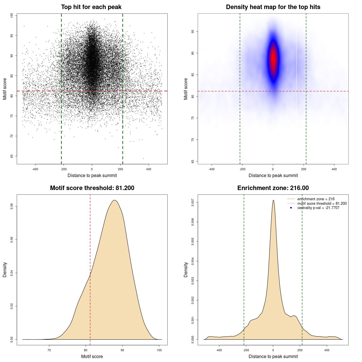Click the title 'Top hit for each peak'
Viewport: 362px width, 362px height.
pyautogui.click(x=91, y=7)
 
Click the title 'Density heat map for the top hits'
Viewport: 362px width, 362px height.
pyautogui.click(x=273, y=7)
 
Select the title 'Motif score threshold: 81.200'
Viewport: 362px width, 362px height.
pyautogui.click(x=92, y=188)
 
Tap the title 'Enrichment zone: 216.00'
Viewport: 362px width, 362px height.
pyautogui.click(x=273, y=188)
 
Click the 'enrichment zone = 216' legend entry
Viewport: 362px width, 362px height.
pyautogui.click(x=316, y=199)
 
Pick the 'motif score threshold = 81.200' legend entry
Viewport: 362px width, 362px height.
pyautogui.click(x=322, y=204)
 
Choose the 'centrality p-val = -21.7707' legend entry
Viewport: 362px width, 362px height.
pyautogui.click(x=318, y=208)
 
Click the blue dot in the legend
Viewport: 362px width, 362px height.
pyautogui.click(x=291, y=208)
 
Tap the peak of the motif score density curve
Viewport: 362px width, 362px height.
pyautogui.click(x=115, y=200)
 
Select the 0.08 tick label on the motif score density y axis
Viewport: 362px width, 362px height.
pyautogui.click(x=12, y=206)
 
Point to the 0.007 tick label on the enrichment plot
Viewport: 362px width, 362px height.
pyautogui.click(x=193, y=202)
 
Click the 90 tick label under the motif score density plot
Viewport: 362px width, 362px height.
pyautogui.click(x=122, y=350)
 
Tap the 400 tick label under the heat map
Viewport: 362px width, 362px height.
pyautogui.click(x=334, y=169)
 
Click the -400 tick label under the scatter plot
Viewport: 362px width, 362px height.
pyautogui.click(x=35, y=169)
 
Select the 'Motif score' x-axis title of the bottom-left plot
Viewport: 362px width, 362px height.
pyautogui.click(x=92, y=356)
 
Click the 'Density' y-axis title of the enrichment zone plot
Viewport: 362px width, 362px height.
pyautogui.click(x=186, y=270)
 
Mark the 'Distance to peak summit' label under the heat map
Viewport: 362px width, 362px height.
pyautogui.click(x=273, y=175)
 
